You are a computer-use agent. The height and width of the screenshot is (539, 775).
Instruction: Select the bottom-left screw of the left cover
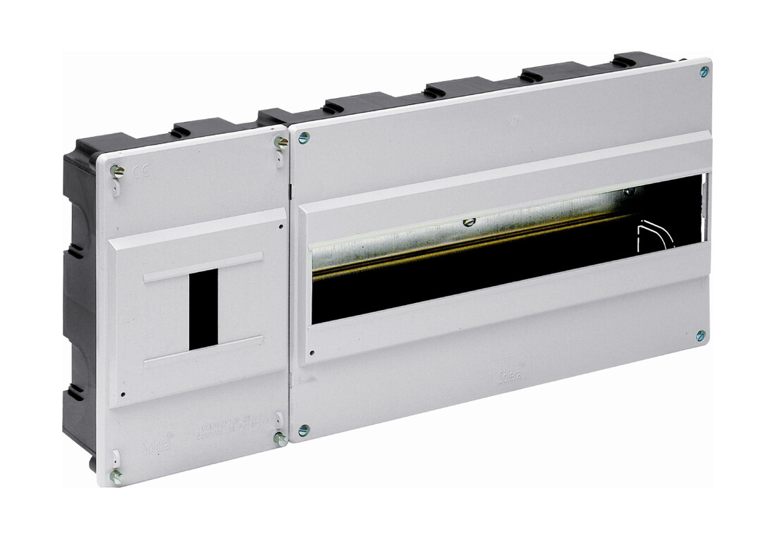coord(116,476)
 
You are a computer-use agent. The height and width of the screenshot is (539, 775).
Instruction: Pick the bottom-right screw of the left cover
coord(279,438)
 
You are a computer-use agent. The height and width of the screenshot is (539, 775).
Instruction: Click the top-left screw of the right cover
coord(304,137)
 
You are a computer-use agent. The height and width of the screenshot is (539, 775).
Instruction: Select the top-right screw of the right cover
coord(704,71)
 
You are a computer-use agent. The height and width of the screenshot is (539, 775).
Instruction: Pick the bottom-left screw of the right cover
coord(303,429)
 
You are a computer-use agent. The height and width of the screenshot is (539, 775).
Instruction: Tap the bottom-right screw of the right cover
coord(700,335)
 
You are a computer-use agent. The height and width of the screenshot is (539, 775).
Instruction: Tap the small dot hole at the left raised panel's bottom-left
coord(123,395)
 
